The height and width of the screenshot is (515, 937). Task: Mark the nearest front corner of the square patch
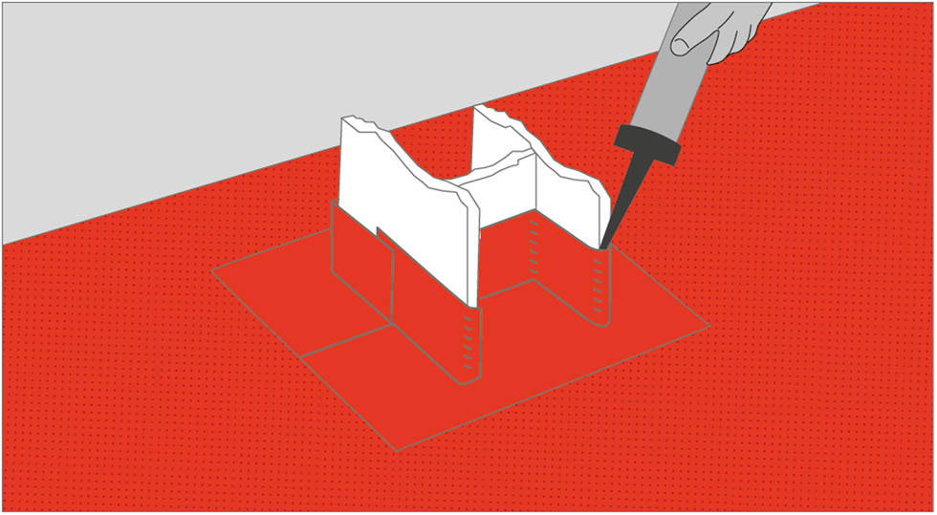click(x=396, y=449)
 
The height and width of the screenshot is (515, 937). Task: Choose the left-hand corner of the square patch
click(x=212, y=271)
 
